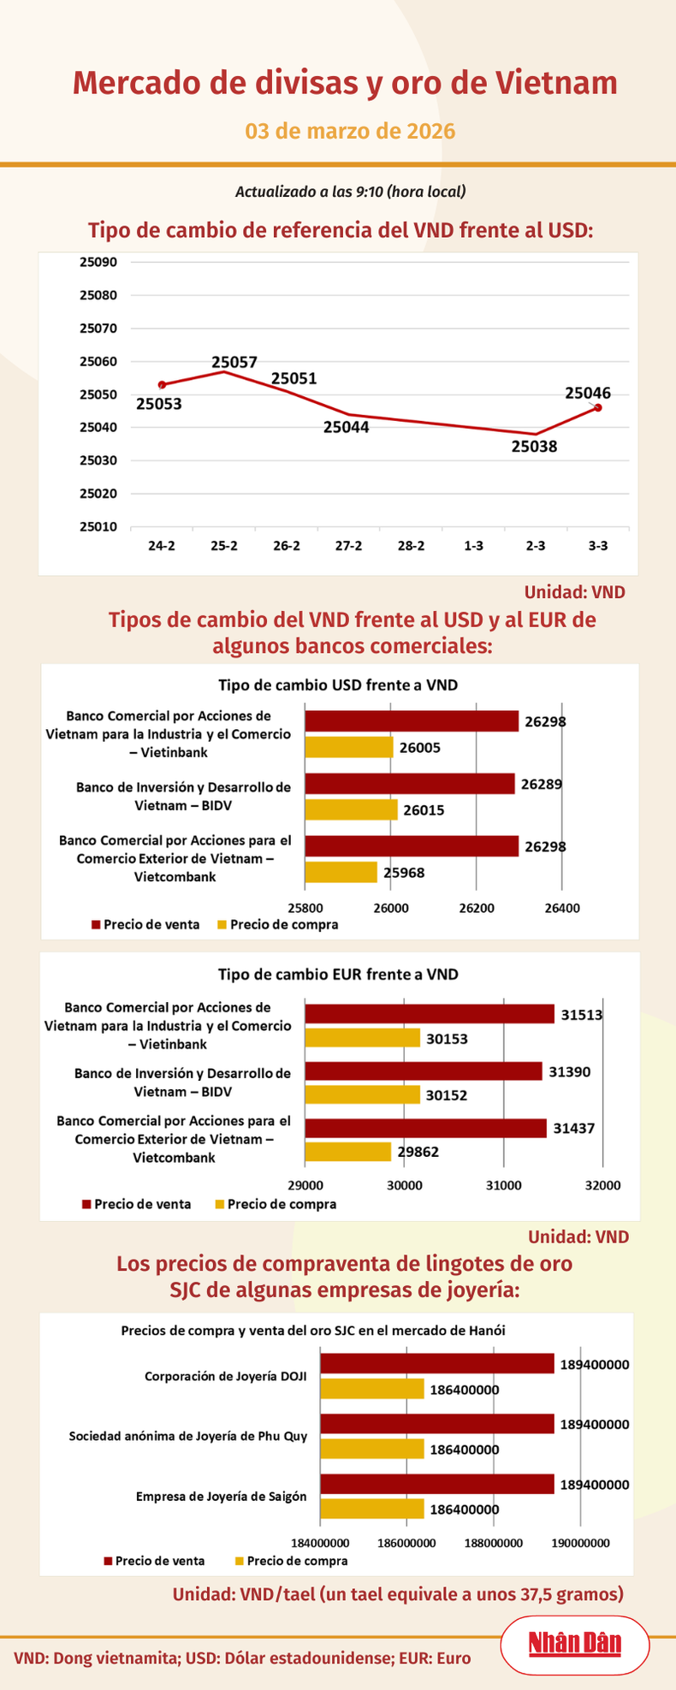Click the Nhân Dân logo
tap(574, 1643)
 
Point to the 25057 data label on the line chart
tap(234, 362)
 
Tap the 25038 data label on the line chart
tap(534, 446)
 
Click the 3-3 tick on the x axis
tap(598, 546)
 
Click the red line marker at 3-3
tap(598, 407)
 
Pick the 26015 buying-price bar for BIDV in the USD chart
tap(352, 809)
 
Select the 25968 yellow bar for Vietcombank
tap(341, 872)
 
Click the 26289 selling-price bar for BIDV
tap(410, 784)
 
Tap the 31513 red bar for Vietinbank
tap(430, 1014)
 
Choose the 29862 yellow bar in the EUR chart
tap(348, 1151)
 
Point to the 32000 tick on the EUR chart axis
tap(602, 1185)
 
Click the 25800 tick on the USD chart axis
tap(305, 907)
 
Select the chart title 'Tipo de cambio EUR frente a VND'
tap(338, 974)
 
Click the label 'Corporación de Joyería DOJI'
tap(226, 1377)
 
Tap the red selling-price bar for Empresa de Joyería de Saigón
tap(436, 1485)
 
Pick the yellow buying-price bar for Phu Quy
tap(372, 1449)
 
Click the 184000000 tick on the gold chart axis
tap(320, 1543)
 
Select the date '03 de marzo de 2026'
tap(350, 131)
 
